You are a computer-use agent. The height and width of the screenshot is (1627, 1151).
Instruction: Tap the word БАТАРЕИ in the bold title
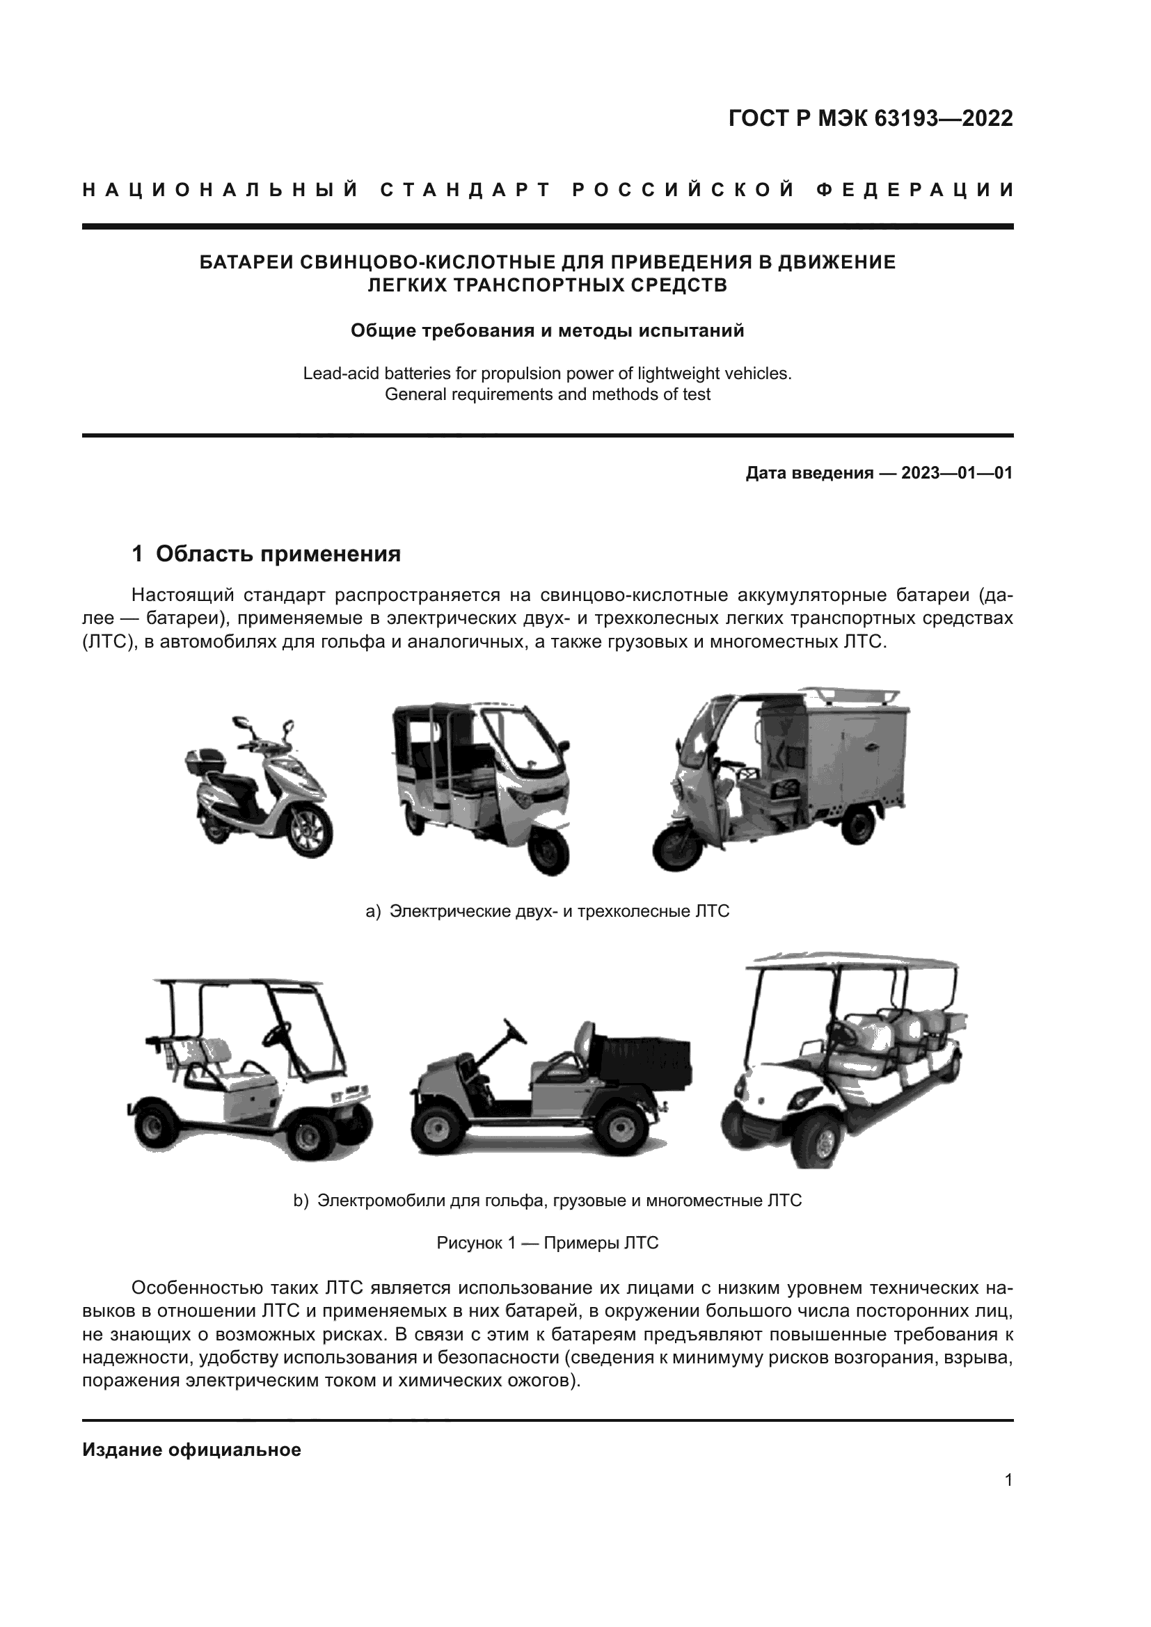coord(245,263)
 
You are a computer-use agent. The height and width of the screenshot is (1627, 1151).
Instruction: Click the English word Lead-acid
coord(337,374)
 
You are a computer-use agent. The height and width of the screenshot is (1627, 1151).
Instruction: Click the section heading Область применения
coord(278,554)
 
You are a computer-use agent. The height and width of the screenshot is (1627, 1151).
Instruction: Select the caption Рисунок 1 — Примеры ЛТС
coord(547,1243)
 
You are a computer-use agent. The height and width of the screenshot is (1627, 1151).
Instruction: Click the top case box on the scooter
coord(203,760)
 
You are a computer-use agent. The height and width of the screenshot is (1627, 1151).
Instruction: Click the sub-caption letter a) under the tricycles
coord(373,911)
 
